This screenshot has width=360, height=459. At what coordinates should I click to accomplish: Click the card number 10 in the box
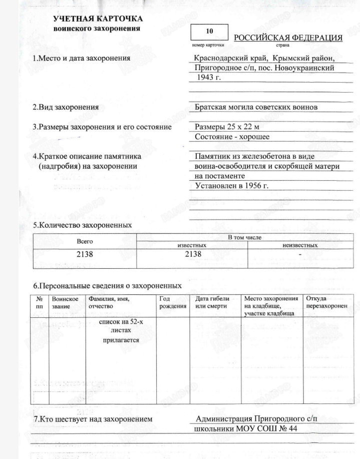point(209,32)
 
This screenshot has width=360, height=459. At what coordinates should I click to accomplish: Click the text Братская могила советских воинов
point(257,107)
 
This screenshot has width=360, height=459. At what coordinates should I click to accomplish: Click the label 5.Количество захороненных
point(82,225)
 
